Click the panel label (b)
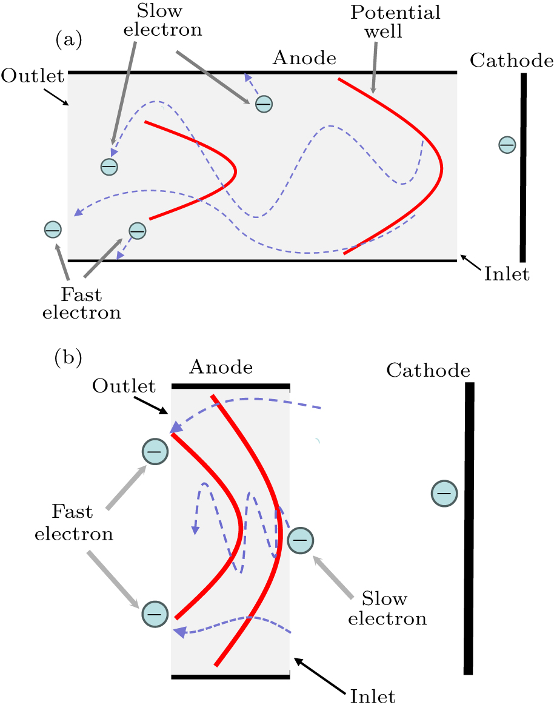pos(68,357)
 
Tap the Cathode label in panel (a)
pos(512,60)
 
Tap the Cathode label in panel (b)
pos(428,369)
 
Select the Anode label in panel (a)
pos(304,58)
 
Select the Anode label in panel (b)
pos(221,366)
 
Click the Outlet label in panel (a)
pos(32,76)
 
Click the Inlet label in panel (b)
pos(373,696)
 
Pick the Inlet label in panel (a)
pos(507,274)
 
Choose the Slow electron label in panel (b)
pos(394,609)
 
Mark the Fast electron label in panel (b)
pos(73,523)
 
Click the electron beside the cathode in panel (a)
pos(507,145)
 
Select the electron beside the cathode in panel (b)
pos(444,494)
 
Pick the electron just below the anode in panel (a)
pos(264,104)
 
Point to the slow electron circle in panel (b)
pos(301,540)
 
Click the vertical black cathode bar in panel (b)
pos(469,527)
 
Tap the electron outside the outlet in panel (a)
pos(53,230)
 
